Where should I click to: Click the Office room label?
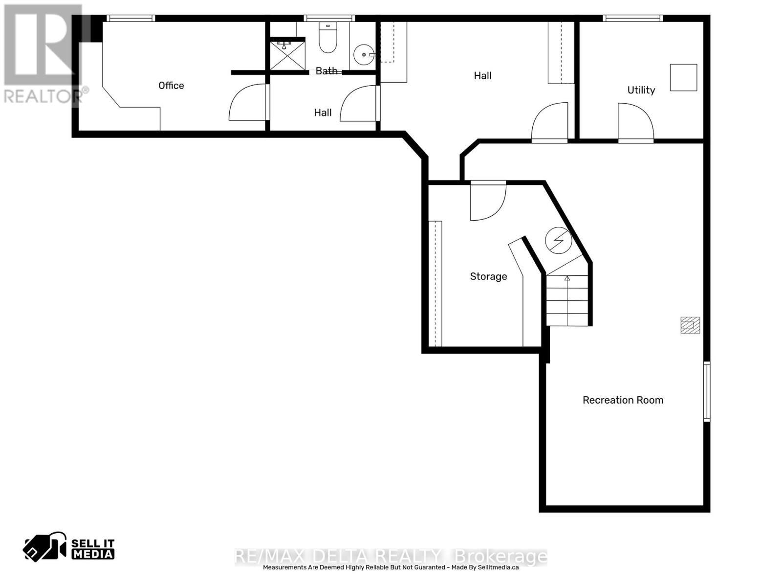pyautogui.click(x=171, y=86)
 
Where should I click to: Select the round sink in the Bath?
pyautogui.click(x=363, y=55)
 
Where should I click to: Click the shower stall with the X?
pyautogui.click(x=288, y=55)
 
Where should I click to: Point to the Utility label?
pyautogui.click(x=641, y=90)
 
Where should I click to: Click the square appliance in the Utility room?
pyautogui.click(x=683, y=77)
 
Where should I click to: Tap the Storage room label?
pyautogui.click(x=488, y=276)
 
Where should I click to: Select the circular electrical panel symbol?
pyautogui.click(x=559, y=240)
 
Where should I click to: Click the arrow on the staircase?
pyautogui.click(x=567, y=279)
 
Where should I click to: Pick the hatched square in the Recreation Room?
pyautogui.click(x=690, y=325)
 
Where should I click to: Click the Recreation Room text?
pyautogui.click(x=623, y=400)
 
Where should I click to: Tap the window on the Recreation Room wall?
pyautogui.click(x=706, y=391)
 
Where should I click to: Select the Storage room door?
pyautogui.click(x=486, y=201)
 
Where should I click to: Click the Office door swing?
pyautogui.click(x=248, y=103)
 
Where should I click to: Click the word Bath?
pyautogui.click(x=326, y=71)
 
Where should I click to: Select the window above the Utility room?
pyautogui.click(x=633, y=19)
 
